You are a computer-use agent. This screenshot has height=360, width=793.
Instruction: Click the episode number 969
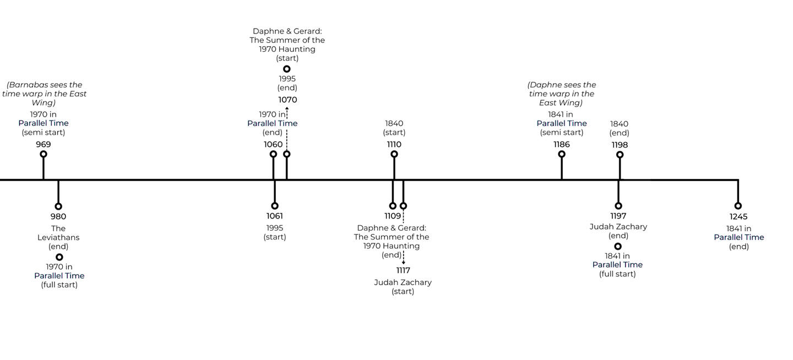pos(44,144)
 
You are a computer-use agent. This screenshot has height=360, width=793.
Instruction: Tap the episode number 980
pos(58,216)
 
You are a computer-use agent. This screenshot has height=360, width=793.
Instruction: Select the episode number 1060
pos(273,144)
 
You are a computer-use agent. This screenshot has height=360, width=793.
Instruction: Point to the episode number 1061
pos(275,216)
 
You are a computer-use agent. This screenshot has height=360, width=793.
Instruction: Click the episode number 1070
pos(287,100)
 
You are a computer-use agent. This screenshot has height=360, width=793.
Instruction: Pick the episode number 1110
pos(394,144)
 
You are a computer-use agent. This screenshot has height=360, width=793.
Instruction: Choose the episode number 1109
pos(393,216)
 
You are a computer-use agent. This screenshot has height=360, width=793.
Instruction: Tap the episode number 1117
pos(403,270)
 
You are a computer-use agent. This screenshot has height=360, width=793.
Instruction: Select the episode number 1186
pos(562,144)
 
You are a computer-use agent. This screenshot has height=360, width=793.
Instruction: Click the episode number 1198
pos(620,145)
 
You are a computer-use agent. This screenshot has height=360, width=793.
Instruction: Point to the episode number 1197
pos(618,216)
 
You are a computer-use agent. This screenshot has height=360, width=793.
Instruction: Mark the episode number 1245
pos(738,216)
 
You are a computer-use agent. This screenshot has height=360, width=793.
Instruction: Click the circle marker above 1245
pos(738,206)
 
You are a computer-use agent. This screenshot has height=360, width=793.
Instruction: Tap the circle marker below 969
pos(44,154)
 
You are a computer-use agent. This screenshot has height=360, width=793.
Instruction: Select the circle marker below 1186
pos(562,154)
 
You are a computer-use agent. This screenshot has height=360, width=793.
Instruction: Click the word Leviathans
pos(58,237)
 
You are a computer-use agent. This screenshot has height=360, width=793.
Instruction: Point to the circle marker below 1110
pos(394,154)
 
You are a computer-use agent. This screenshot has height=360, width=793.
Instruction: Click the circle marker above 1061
pos(275,206)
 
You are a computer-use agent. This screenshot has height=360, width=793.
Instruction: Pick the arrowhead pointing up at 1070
pos(287,108)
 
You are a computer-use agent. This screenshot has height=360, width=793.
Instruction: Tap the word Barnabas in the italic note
pos(30,85)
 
